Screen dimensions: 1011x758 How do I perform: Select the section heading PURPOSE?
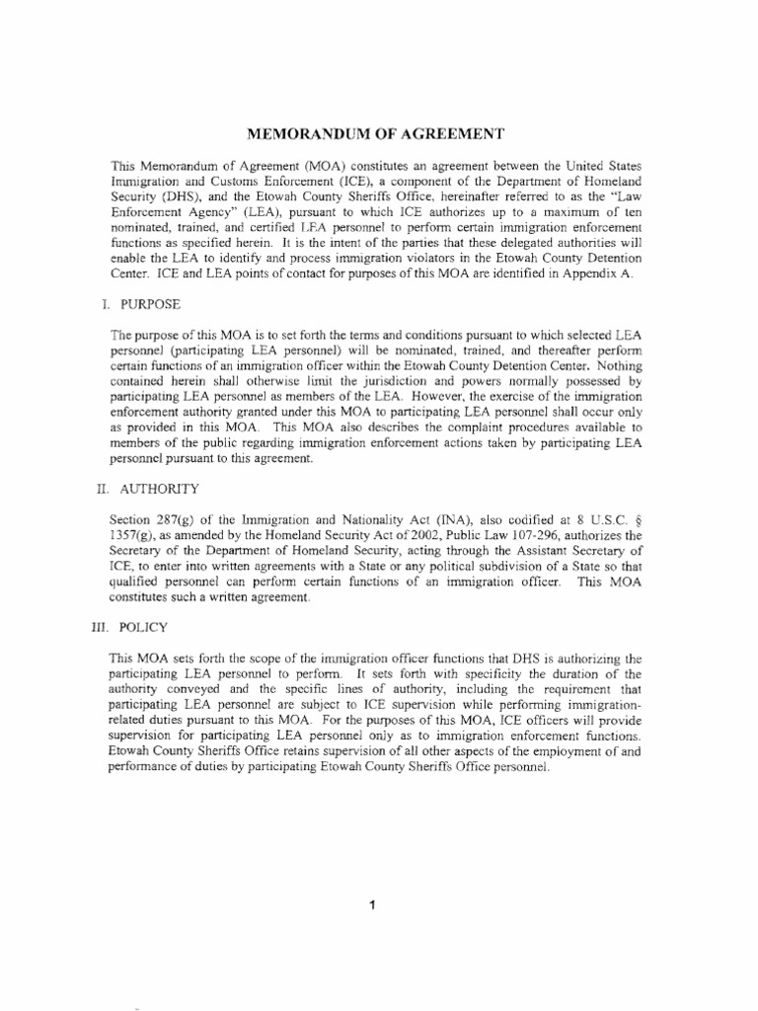tap(153, 306)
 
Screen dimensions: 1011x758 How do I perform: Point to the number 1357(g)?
tap(135, 534)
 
